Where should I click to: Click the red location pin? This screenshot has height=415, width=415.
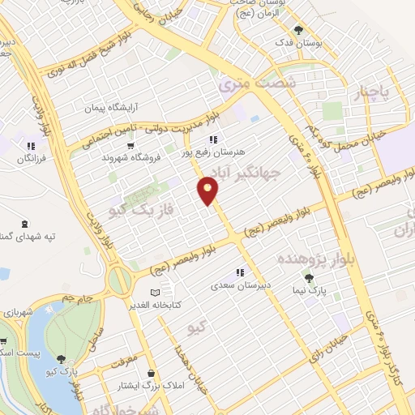[208, 190]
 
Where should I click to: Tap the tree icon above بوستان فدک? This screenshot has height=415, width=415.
[301, 29]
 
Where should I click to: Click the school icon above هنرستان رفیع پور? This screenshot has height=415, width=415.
[213, 139]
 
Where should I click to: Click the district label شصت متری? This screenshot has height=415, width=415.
[258, 82]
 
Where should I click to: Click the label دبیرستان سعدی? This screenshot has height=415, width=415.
[239, 285]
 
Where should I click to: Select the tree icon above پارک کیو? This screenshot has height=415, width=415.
[62, 357]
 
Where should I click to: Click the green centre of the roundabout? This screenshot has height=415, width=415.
[119, 281]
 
